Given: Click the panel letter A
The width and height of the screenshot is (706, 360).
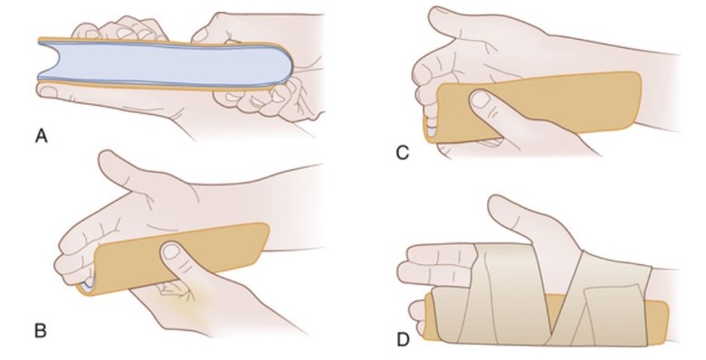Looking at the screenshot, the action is pyautogui.click(x=41, y=136).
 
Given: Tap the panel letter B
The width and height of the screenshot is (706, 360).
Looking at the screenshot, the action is pyautogui.click(x=40, y=331).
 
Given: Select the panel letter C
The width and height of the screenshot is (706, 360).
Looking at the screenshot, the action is pyautogui.click(x=403, y=153).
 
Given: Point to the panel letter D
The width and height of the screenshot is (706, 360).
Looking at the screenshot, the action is pyautogui.click(x=403, y=340).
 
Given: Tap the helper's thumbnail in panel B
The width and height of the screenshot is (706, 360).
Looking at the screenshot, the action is pyautogui.click(x=172, y=251).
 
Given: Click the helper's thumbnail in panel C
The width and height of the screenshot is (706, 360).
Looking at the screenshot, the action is pyautogui.click(x=480, y=99).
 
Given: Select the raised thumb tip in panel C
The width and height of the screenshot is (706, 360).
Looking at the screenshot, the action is pyautogui.click(x=436, y=14).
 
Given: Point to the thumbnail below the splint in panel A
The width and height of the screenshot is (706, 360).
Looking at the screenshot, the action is pyautogui.click(x=50, y=91).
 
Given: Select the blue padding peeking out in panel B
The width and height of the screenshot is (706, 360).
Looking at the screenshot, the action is pyautogui.click(x=88, y=282).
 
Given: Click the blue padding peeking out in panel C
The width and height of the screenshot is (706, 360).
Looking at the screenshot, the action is pyautogui.click(x=431, y=131).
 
